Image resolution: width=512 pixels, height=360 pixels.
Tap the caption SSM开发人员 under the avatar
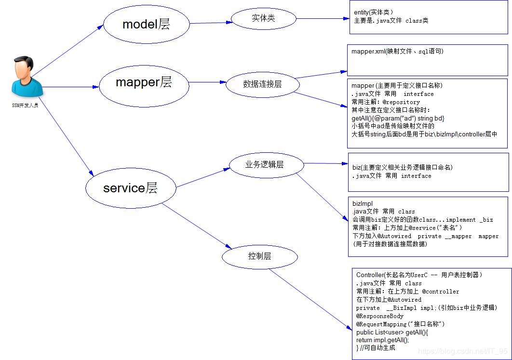click(x=25, y=106)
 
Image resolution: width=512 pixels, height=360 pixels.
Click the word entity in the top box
click(x=361, y=13)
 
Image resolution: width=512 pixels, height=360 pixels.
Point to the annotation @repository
click(x=401, y=102)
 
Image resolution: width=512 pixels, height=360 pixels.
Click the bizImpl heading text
click(x=363, y=204)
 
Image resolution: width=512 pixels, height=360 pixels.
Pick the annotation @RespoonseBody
click(x=380, y=316)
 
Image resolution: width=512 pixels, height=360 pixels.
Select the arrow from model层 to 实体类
click(x=211, y=23)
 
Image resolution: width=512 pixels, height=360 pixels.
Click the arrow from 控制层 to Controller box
click(x=310, y=300)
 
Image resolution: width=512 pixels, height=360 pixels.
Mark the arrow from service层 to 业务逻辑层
click(x=203, y=178)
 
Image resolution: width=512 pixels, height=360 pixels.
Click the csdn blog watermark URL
click(x=463, y=351)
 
